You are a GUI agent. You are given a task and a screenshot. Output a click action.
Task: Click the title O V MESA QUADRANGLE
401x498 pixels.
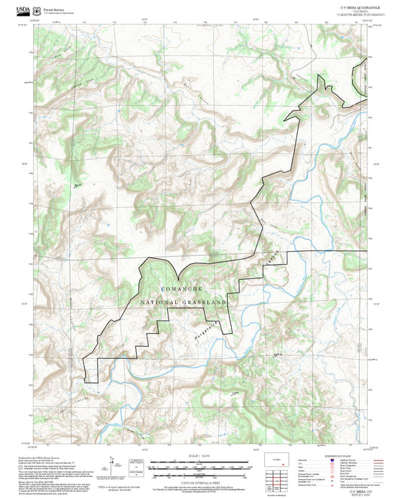pyautogui.click(x=355, y=5)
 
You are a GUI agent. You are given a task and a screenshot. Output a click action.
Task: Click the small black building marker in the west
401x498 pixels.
pyautogui.click(x=77, y=185)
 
